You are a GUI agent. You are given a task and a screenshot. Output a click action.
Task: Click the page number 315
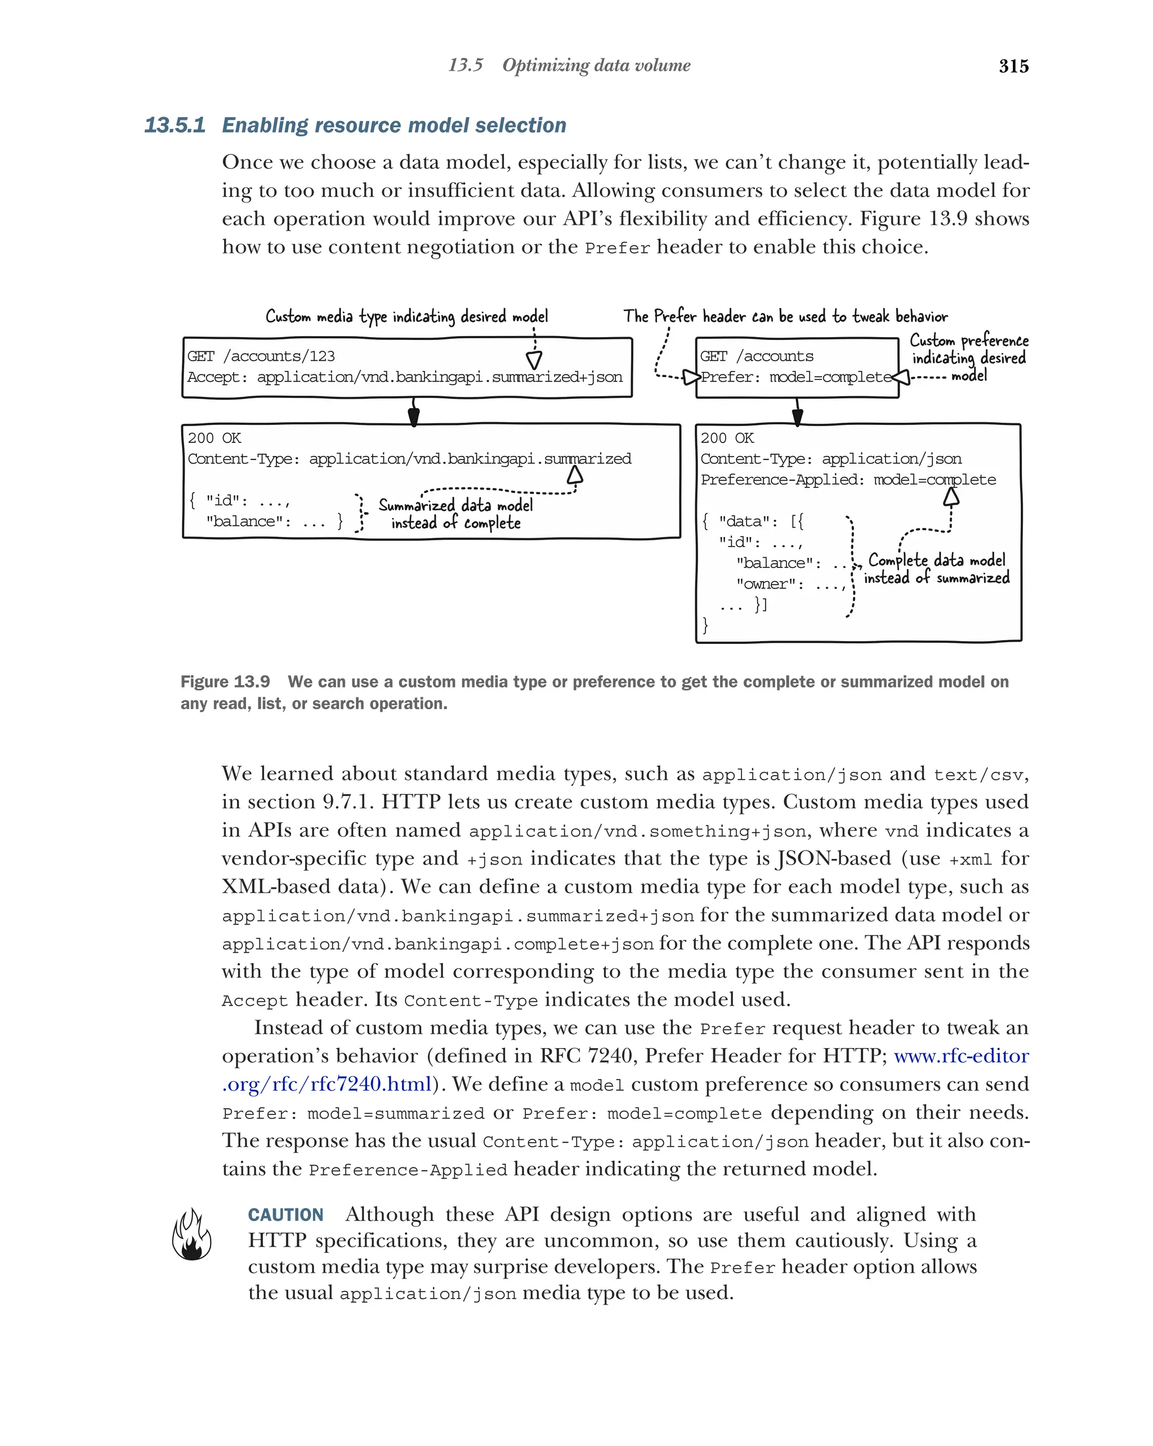[x=1013, y=66]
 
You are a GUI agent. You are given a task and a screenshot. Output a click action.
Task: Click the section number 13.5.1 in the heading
[x=175, y=126]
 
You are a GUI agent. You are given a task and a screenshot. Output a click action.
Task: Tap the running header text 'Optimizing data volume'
[x=596, y=65]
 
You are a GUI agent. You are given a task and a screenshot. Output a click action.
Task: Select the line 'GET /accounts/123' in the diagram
[x=261, y=356]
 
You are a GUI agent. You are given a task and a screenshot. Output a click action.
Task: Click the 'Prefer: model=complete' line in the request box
[x=796, y=377]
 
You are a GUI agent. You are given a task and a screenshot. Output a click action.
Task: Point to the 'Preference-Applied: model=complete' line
[x=848, y=480]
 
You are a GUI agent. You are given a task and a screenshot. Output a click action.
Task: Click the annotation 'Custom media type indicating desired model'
[x=406, y=316]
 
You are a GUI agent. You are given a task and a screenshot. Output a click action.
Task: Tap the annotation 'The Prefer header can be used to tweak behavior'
[x=785, y=316]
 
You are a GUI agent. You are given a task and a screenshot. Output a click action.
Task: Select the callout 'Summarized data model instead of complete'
[x=455, y=514]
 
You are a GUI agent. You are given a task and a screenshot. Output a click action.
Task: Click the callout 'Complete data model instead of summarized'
[x=936, y=568]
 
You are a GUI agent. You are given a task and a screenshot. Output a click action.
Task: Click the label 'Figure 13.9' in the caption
[x=225, y=682]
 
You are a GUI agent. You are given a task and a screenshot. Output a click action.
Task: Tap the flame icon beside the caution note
[x=191, y=1235]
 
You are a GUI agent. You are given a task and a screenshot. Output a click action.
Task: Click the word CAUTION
[x=286, y=1215]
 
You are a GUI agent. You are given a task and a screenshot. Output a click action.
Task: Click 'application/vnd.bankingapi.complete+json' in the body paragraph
[x=437, y=944]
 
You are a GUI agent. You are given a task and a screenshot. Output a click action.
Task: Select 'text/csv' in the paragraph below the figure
[x=978, y=775]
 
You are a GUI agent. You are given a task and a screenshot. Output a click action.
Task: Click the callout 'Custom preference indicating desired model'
[x=968, y=357]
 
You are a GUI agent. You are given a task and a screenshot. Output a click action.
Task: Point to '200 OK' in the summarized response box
[x=214, y=438]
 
